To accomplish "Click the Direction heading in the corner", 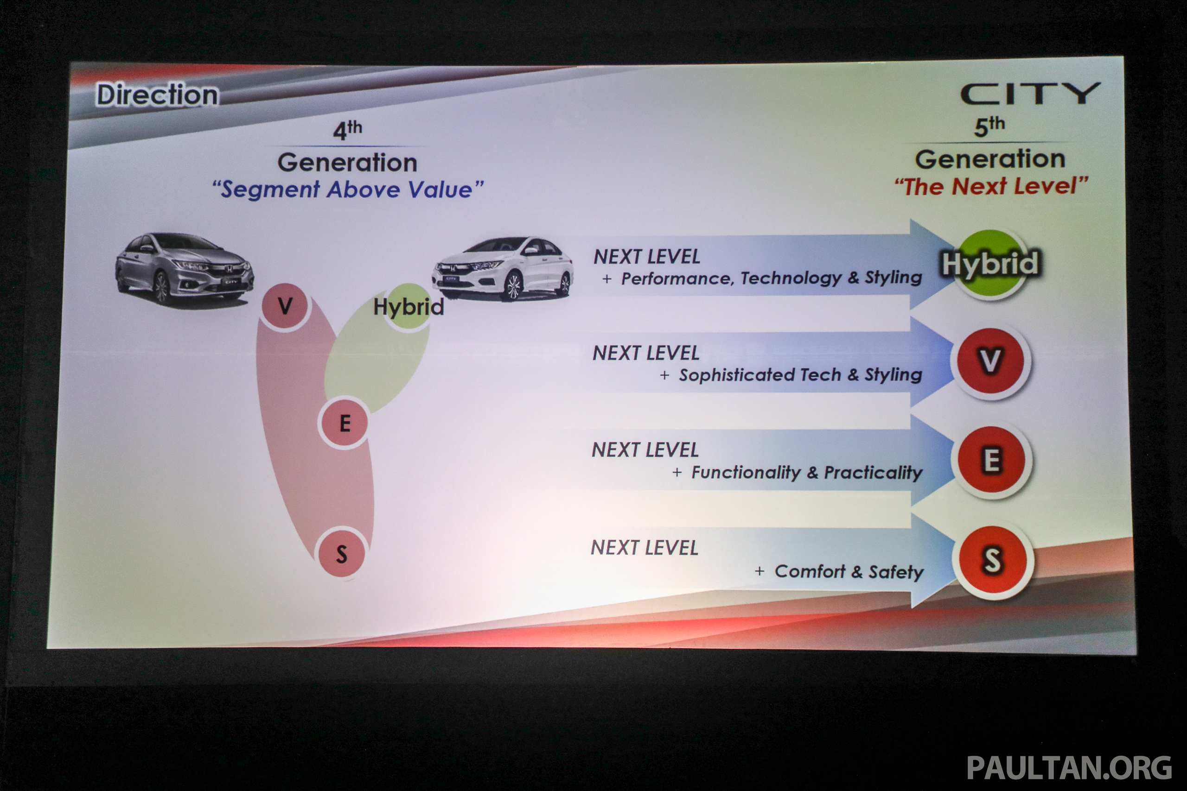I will pos(157,95).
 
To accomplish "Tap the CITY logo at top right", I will pos(1030,95).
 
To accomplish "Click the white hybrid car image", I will pos(503,269).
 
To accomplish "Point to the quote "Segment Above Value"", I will pos(347,190).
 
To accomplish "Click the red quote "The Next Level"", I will pos(991,187).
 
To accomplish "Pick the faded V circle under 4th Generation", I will pos(285,306).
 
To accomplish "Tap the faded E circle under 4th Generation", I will pos(344,423).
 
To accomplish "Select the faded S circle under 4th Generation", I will pos(341,554).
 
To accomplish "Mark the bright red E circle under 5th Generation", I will pos(992,460).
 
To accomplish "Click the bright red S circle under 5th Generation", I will pos(992,560).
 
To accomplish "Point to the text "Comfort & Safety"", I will pos(849,571).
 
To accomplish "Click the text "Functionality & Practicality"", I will pos(806,472).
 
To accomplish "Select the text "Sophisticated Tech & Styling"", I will pos(800,375).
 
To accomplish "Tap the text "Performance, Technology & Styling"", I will pos(771,278).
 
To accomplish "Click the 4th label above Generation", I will pos(347,130).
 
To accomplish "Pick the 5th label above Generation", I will pos(989,126).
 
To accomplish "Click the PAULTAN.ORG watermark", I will pos(1069,768).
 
